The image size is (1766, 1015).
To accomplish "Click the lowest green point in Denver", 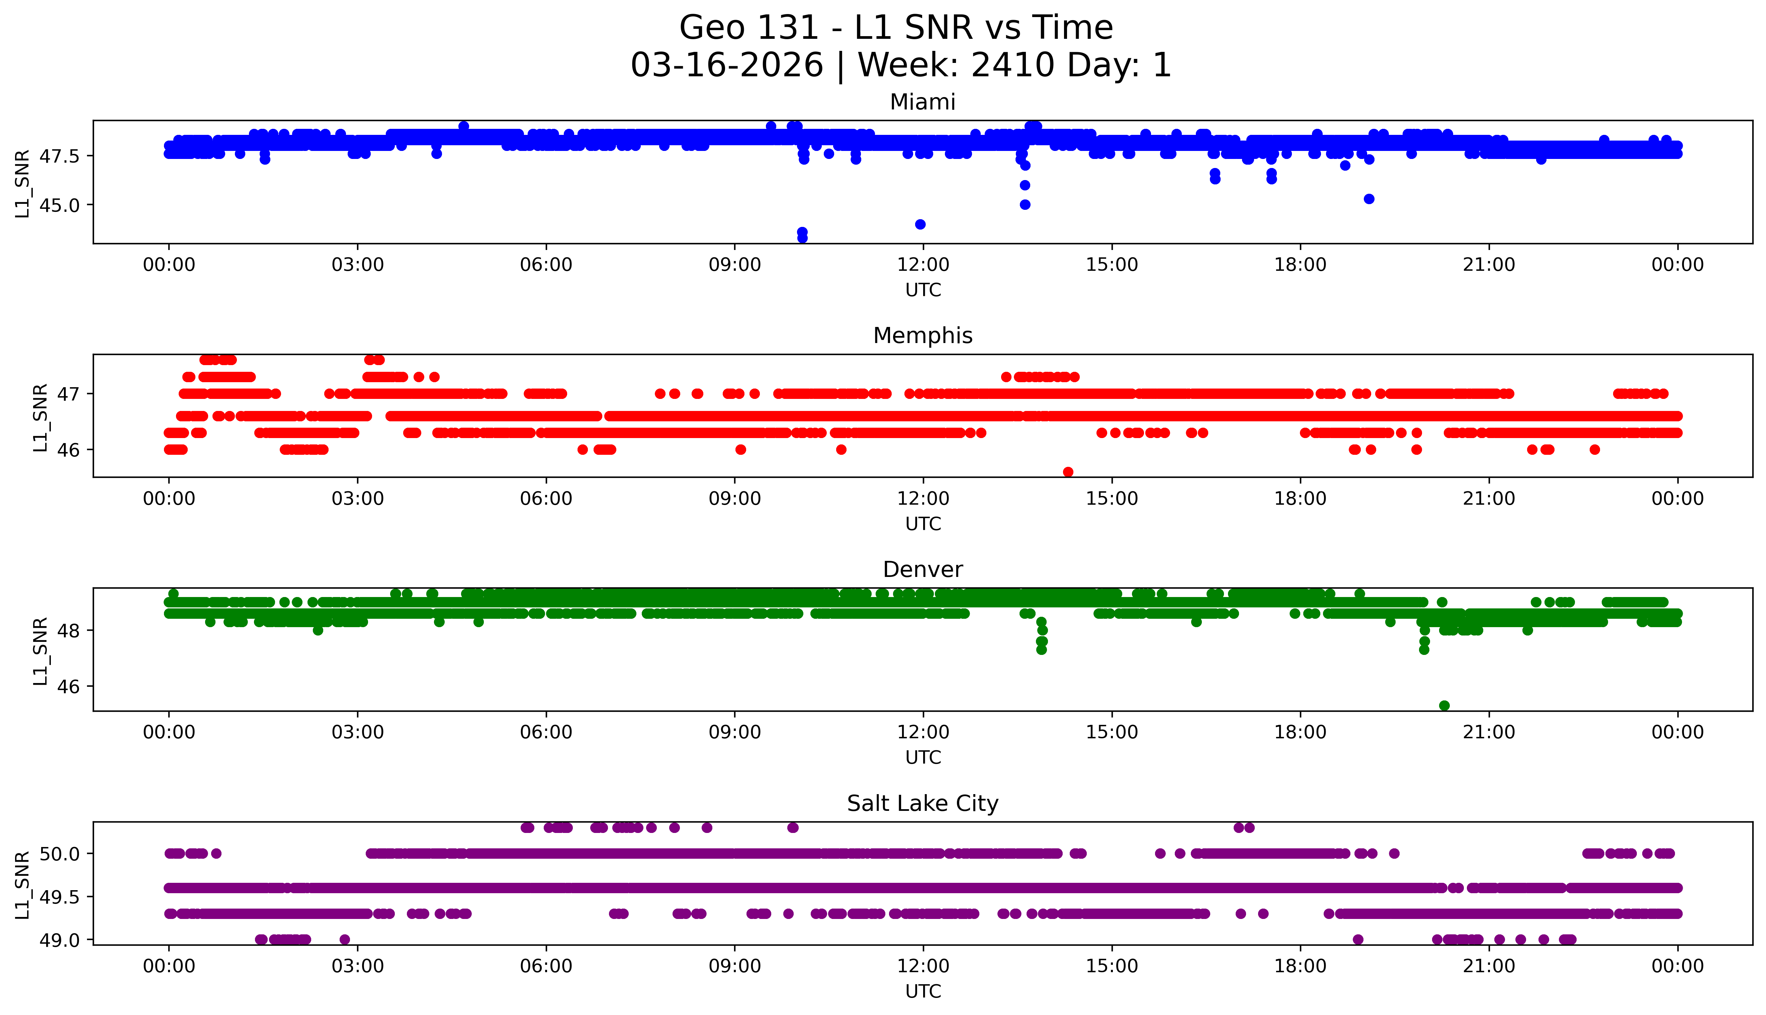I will (x=1444, y=705).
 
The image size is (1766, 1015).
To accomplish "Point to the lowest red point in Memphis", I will (x=1068, y=472).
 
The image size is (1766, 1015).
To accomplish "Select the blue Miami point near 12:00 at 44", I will (x=920, y=225).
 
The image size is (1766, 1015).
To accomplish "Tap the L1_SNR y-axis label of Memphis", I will (x=40, y=417).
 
